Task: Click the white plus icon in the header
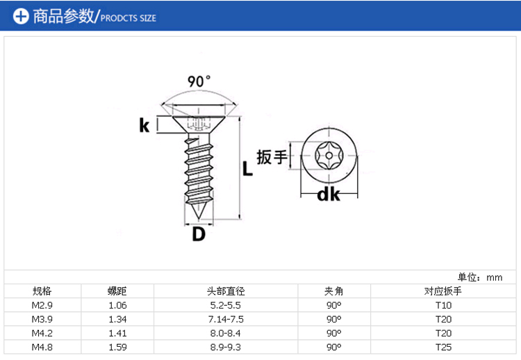coord(21,16)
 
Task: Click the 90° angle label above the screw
coord(199,81)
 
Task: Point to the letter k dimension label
coord(144,125)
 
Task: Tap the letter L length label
coord(247,168)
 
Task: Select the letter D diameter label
coord(199,234)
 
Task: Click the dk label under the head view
coord(329,195)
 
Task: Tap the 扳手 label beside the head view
coord(272,156)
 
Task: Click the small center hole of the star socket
coord(329,155)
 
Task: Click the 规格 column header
coord(42,291)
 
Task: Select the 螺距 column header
coord(117,291)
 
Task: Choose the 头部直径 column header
coord(226,291)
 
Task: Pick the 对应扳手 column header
coord(443,291)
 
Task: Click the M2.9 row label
coord(42,305)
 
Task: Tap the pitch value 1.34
coord(117,319)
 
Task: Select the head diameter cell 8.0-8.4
coord(226,333)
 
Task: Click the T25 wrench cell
coord(444,347)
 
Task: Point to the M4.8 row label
coord(42,347)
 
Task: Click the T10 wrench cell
coord(444,305)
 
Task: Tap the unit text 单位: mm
coord(480,277)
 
